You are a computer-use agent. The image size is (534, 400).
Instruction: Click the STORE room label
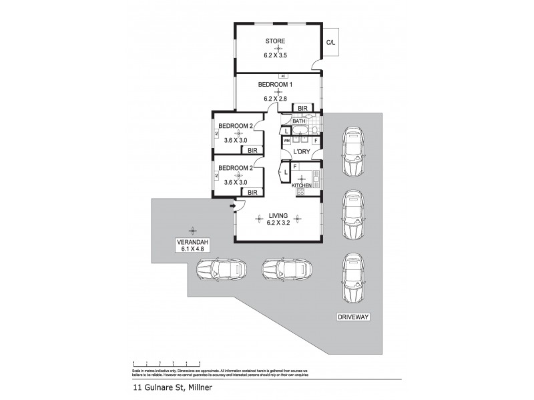pos(276,41)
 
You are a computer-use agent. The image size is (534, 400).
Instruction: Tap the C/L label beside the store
pos(330,43)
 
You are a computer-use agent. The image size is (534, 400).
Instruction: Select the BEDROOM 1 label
pos(276,85)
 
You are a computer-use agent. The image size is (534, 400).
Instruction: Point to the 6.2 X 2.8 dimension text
pos(276,99)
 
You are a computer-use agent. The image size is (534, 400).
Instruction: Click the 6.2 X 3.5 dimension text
pos(276,56)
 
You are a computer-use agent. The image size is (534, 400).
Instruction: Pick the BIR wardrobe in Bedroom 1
pos(302,108)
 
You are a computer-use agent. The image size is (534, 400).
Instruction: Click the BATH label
pos(298,121)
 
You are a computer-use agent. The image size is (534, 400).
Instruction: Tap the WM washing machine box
pos(287,141)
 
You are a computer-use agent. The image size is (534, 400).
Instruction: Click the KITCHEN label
pos(302,185)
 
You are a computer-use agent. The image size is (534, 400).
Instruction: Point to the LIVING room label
pos(278,215)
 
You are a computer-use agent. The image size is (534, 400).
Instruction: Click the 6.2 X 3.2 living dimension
pos(278,223)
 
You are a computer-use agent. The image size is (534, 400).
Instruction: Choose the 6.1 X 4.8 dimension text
pos(192,249)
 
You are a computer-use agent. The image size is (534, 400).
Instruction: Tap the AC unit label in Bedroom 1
pos(283,76)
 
